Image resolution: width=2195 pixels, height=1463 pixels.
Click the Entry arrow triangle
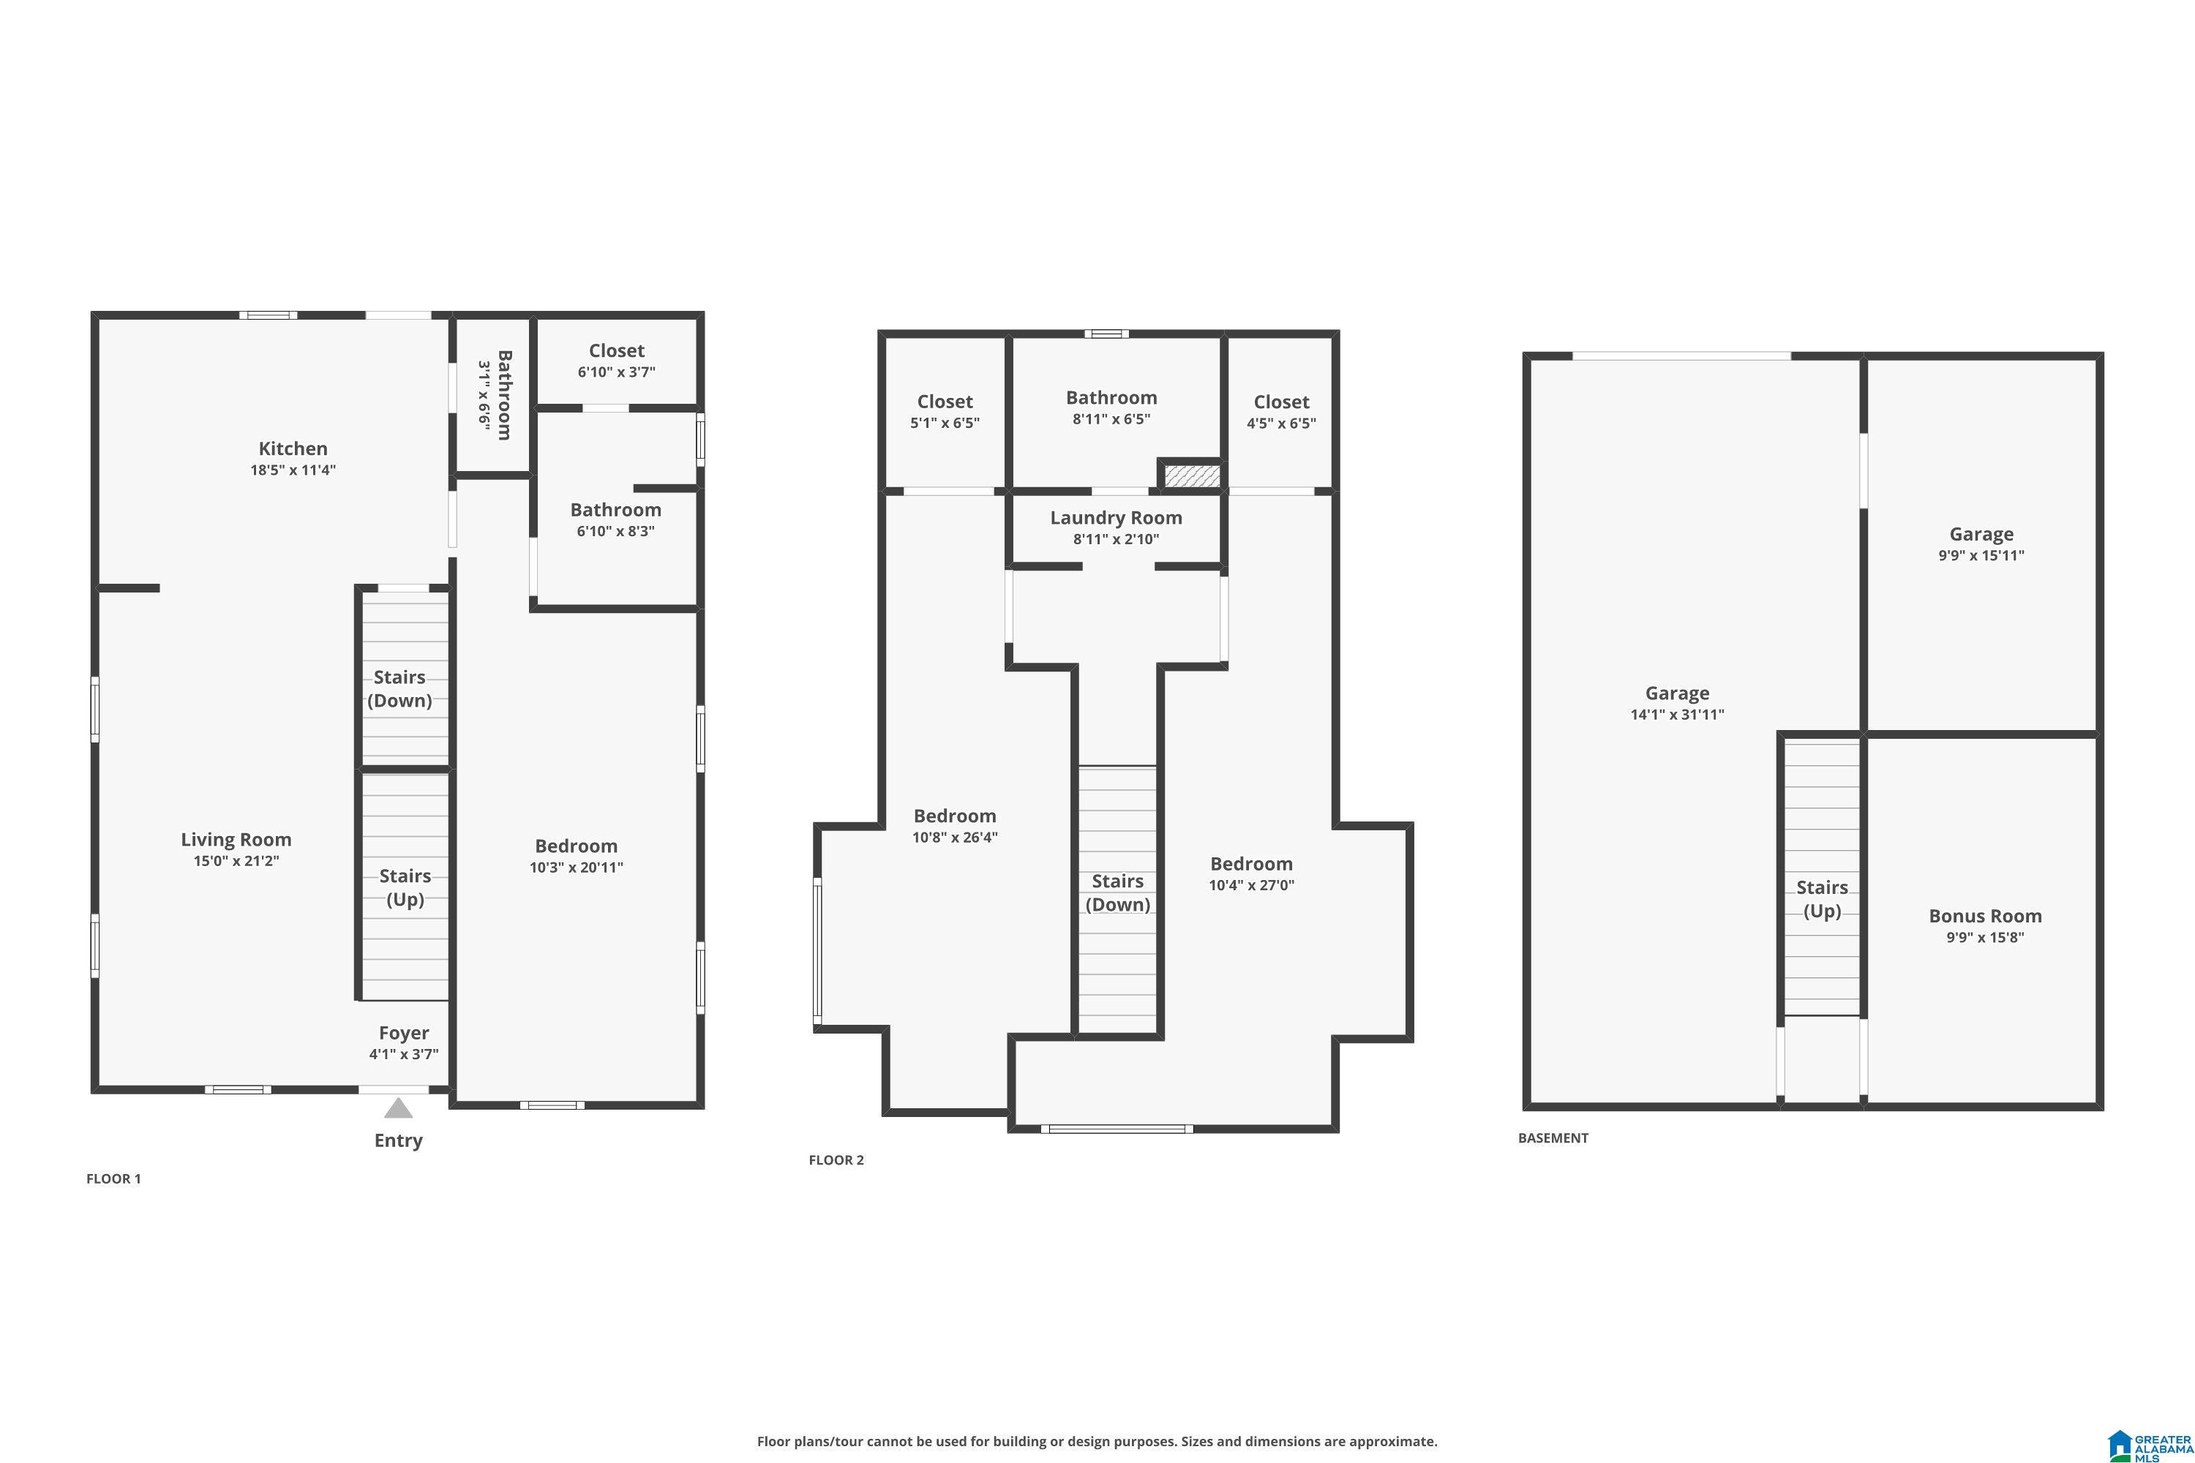point(399,1108)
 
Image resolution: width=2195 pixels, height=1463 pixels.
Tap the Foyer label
point(403,1033)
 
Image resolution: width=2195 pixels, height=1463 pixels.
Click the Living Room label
point(236,840)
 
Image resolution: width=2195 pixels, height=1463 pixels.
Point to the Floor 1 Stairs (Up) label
point(405,887)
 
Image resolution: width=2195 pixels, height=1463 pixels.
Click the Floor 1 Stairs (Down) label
point(399,688)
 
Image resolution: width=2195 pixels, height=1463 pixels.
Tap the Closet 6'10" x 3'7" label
point(616,360)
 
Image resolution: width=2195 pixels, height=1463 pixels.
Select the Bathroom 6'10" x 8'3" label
point(615,519)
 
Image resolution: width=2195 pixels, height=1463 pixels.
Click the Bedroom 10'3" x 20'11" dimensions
point(576,868)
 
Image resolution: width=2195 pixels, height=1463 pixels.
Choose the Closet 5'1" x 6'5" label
point(945,410)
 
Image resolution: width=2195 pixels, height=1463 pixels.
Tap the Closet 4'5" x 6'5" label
point(1280,411)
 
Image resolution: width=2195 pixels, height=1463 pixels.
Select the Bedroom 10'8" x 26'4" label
point(954,826)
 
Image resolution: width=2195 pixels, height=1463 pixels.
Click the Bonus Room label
point(1985,917)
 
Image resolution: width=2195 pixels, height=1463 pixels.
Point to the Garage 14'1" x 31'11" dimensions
point(1676,715)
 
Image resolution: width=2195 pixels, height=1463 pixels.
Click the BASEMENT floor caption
point(1552,1137)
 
